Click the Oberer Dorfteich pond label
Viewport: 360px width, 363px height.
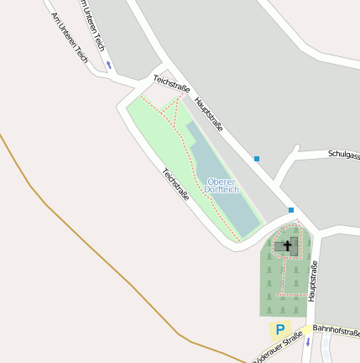pyautogui.click(x=222, y=186)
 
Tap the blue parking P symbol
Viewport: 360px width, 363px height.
pyautogui.click(x=280, y=330)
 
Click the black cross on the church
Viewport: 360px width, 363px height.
pyautogui.click(x=287, y=247)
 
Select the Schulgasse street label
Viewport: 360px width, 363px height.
pyautogui.click(x=343, y=154)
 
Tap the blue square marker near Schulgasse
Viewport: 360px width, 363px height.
pyautogui.click(x=257, y=158)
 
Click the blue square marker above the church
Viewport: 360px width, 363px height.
pyautogui.click(x=291, y=210)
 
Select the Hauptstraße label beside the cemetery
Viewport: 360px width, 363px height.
pyautogui.click(x=312, y=281)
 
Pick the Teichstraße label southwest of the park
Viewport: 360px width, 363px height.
pyautogui.click(x=175, y=183)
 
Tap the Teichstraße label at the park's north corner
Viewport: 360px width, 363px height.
pyautogui.click(x=172, y=84)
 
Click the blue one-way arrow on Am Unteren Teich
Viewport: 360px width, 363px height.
pyautogui.click(x=108, y=65)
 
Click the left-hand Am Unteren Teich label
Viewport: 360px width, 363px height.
pyautogui.click(x=70, y=38)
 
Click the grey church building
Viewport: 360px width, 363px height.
pyautogui.click(x=283, y=247)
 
